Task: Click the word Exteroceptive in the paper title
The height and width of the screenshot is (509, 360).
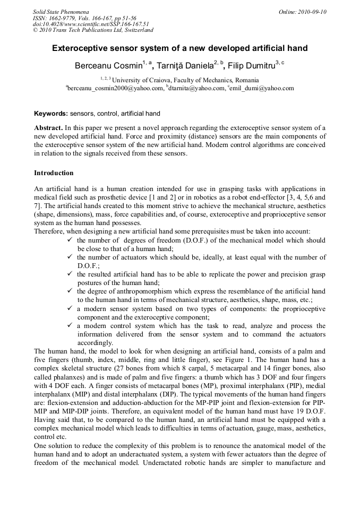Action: point(79,48)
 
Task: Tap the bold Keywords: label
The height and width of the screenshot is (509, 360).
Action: point(51,114)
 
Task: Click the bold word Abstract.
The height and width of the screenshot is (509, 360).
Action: point(49,128)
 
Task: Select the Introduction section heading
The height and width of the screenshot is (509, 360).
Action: point(54,173)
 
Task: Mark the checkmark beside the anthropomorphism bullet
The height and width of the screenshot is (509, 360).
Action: point(70,291)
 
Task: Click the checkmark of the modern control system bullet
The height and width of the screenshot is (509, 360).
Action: point(70,325)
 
